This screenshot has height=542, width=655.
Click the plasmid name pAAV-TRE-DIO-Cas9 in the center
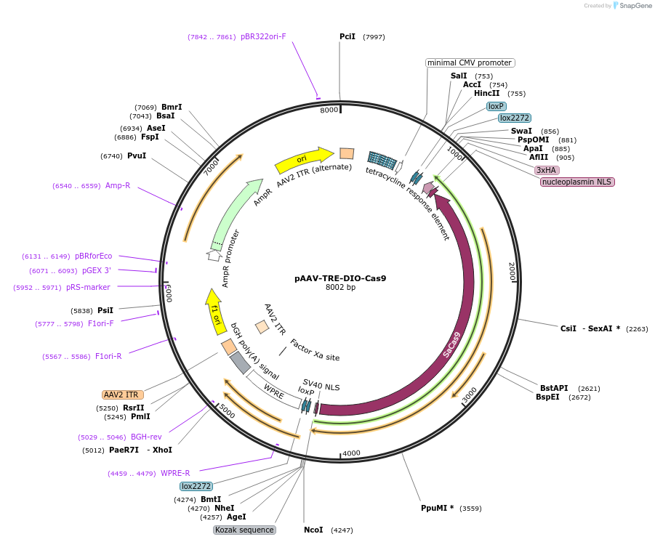point(340,278)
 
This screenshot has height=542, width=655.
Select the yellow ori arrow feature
point(303,158)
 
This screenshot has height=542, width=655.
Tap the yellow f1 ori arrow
point(214,312)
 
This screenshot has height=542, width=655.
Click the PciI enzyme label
point(347,36)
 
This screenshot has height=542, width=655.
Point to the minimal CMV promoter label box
point(470,62)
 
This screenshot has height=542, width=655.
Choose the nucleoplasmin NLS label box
point(577,182)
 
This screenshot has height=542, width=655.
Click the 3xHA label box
point(547,170)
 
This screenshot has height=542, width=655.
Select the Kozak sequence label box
point(244,530)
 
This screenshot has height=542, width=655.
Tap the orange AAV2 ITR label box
point(121,395)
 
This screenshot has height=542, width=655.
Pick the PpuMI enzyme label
point(437,508)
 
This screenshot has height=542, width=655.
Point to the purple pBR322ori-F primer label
point(263,36)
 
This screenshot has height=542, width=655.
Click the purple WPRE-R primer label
point(175,473)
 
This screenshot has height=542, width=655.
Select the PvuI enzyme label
point(137,155)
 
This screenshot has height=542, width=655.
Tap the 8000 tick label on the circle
point(329,110)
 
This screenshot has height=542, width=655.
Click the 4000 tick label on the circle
point(351,453)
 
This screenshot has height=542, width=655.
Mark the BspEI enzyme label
point(548,397)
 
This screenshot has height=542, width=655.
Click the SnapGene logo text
point(634,6)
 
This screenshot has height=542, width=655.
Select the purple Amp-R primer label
point(118,185)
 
